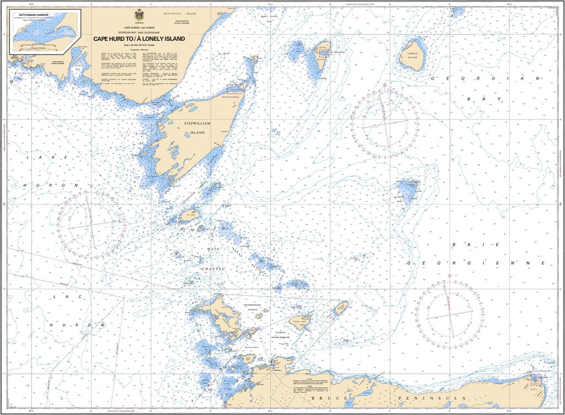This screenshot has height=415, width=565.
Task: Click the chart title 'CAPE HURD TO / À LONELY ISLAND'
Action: click(x=139, y=39)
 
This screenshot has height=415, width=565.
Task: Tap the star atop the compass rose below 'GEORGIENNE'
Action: click(x=450, y=275)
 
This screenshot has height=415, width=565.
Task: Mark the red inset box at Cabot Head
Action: click(x=535, y=378)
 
